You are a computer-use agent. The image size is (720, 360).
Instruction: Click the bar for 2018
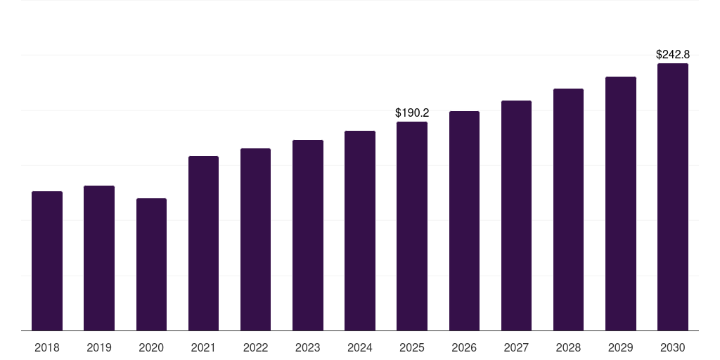coord(47,261)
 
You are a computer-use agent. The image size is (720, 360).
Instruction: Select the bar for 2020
coord(151,264)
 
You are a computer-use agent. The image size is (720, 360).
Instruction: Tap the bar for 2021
coord(203,243)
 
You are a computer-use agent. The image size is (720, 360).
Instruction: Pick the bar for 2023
coord(308,236)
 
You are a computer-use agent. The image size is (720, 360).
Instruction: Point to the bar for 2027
coord(516,216)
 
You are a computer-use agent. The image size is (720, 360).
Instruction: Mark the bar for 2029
coord(621,204)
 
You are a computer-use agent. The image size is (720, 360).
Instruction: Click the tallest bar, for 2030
coord(673,197)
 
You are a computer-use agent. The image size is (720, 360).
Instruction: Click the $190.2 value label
coord(412,112)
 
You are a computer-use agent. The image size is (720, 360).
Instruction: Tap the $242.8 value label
coord(673,54)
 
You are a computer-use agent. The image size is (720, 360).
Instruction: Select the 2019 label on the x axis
coord(99,347)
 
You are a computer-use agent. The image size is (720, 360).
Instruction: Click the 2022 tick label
coord(255,347)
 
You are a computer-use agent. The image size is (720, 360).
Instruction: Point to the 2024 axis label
coord(360,347)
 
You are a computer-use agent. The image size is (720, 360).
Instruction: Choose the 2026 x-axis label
coord(464,347)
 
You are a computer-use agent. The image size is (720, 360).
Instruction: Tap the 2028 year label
coord(568,347)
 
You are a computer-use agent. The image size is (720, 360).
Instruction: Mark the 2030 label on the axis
coord(673,347)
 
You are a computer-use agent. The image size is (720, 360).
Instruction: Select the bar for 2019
coord(99,258)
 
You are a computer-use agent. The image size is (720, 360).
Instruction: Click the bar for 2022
coord(255,240)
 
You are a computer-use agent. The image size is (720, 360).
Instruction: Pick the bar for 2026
coord(464,221)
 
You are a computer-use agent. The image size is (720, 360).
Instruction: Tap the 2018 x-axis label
coord(47,347)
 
